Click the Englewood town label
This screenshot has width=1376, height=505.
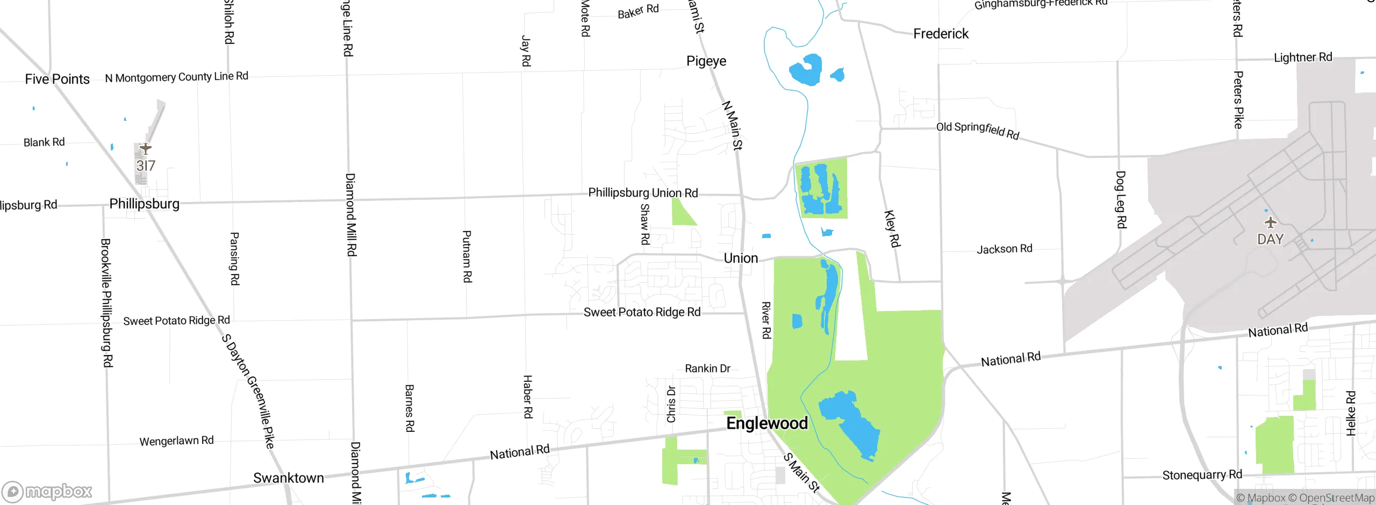click(766, 423)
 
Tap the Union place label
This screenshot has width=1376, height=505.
click(741, 258)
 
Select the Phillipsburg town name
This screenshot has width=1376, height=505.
click(144, 204)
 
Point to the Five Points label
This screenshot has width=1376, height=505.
click(57, 80)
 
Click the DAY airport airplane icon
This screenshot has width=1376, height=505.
click(1270, 222)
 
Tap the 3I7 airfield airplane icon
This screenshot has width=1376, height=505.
click(145, 148)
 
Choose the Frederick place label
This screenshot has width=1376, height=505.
click(940, 34)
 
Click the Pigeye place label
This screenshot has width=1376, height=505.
click(706, 61)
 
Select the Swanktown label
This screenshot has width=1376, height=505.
click(288, 478)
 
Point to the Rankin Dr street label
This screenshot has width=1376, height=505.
click(707, 369)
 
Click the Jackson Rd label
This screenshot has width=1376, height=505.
click(1004, 249)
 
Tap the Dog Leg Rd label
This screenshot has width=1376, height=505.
click(1121, 199)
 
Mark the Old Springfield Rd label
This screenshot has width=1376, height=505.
click(977, 130)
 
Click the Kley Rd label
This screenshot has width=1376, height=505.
click(891, 228)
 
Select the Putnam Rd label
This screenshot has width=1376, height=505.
click(467, 256)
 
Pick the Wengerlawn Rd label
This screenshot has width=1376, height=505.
click(176, 441)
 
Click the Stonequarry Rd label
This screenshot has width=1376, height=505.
click(1202, 475)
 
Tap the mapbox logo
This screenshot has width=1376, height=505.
click(47, 491)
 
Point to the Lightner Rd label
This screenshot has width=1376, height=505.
click(1302, 57)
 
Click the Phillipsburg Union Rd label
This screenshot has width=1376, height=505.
click(643, 193)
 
